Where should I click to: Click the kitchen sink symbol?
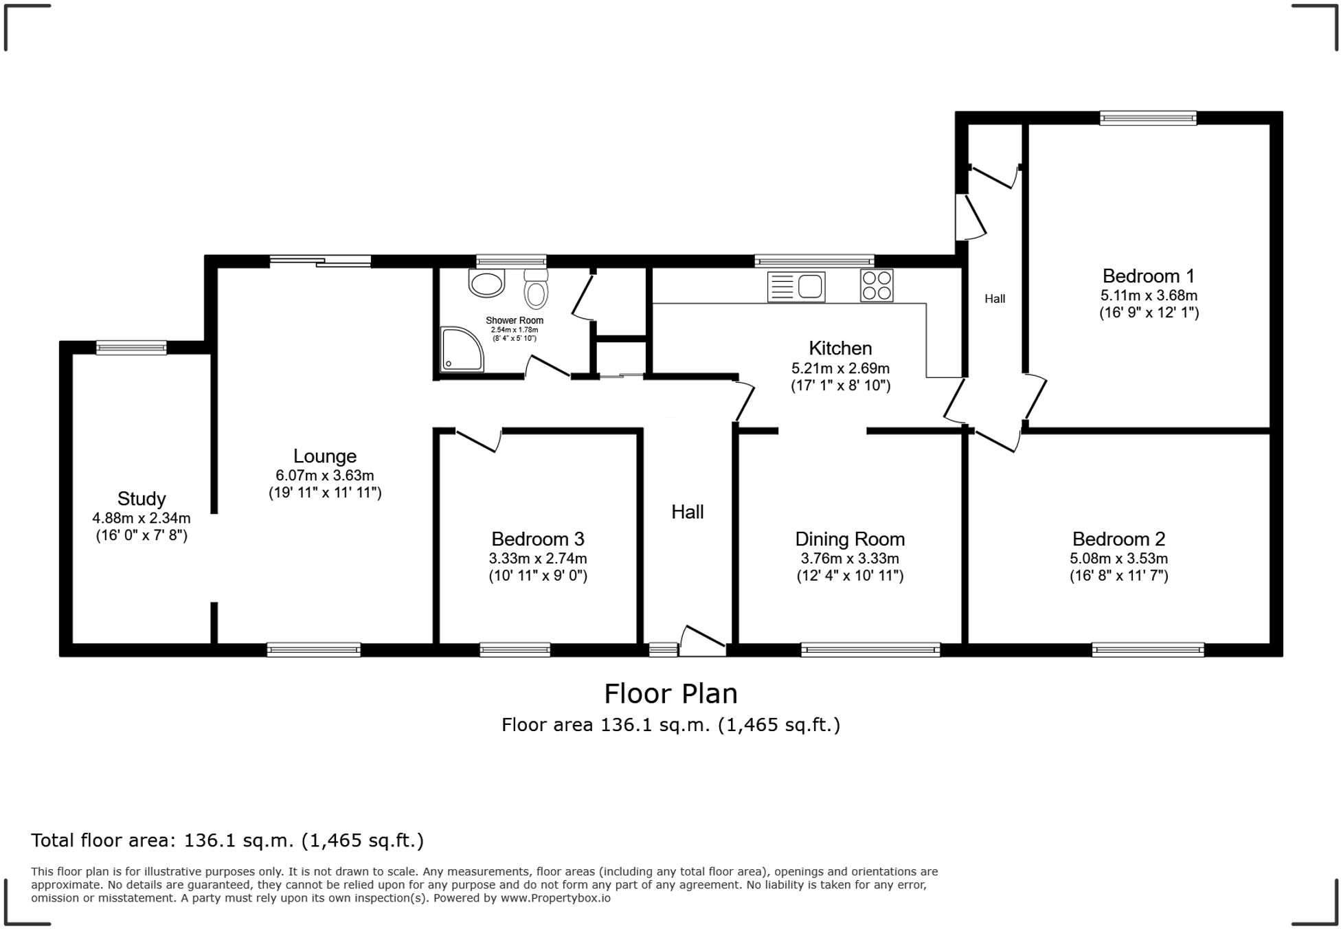(796, 287)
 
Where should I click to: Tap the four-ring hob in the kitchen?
(877, 286)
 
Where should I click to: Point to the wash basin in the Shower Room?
(486, 283)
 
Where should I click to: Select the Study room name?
(142, 498)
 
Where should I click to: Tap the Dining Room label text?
(849, 539)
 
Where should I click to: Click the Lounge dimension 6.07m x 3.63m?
(324, 475)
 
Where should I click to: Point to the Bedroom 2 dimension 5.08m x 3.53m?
(1118, 559)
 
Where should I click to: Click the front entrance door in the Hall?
(702, 640)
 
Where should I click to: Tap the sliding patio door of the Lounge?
(320, 260)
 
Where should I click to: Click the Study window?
(131, 347)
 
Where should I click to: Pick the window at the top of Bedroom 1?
(1147, 118)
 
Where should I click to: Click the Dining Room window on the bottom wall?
(870, 649)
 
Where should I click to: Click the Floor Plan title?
(670, 694)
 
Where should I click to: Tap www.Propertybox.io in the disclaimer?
(555, 898)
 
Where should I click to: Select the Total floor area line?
(227, 840)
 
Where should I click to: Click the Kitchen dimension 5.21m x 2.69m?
(839, 368)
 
